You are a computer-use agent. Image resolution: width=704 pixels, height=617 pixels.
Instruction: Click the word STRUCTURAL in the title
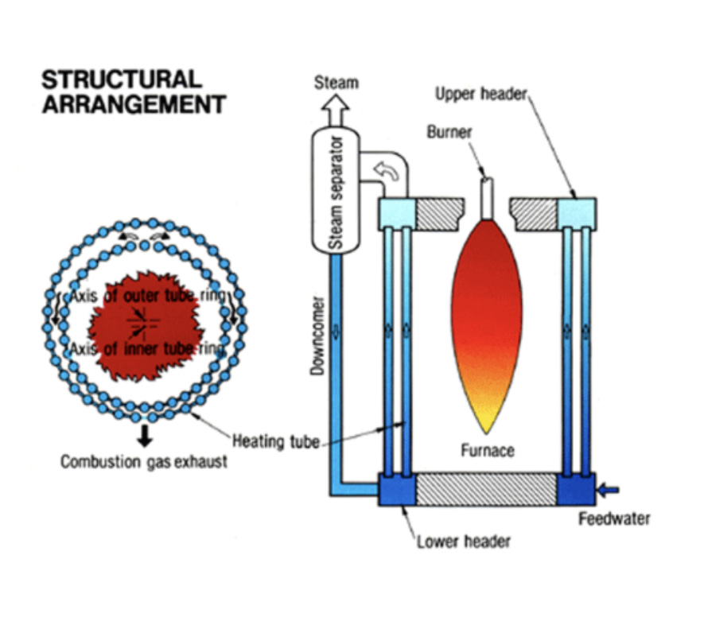click(121, 80)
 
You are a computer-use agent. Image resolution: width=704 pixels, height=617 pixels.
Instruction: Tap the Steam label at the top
click(336, 82)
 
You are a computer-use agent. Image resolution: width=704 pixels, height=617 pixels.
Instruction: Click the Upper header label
click(481, 95)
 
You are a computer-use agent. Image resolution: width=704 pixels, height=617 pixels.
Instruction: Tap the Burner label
click(449, 132)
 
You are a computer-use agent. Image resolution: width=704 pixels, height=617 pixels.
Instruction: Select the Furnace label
click(487, 451)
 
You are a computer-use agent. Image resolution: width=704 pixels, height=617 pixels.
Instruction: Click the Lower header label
click(464, 542)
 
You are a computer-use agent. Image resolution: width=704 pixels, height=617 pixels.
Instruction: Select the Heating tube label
click(275, 440)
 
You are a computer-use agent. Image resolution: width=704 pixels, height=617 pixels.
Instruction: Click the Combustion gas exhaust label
click(144, 462)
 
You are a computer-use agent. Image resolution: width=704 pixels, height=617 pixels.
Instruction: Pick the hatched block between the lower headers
click(486, 489)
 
